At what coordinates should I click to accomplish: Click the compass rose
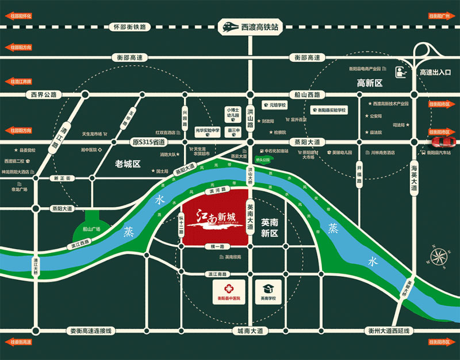coord(440,255)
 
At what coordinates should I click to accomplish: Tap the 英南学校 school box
coord(267,291)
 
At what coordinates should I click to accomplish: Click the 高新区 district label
coord(370,83)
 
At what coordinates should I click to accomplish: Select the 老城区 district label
coord(127,163)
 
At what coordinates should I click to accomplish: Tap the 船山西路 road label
coord(308,94)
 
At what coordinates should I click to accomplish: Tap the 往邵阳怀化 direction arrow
coord(20,17)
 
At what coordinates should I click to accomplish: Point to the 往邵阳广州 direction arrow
coord(440,17)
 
